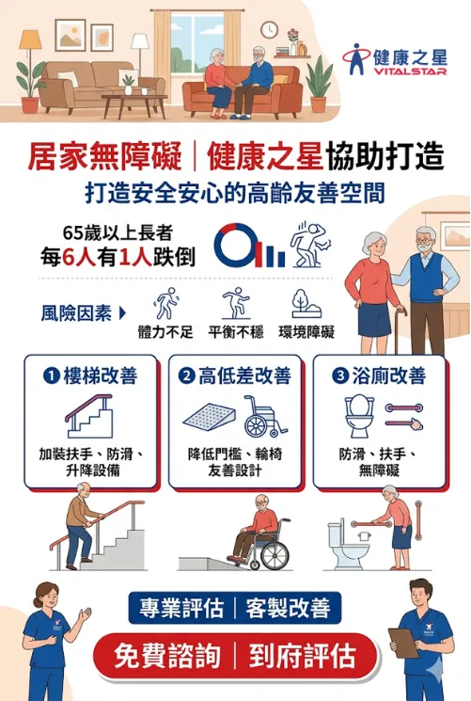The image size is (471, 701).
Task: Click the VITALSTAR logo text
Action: (x=410, y=72)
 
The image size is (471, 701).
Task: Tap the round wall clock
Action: (x=269, y=30)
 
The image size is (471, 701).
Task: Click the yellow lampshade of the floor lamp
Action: (x=30, y=40)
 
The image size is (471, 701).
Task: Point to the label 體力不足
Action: (x=165, y=332)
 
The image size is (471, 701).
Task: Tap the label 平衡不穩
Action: (x=236, y=332)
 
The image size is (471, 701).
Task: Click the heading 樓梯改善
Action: (x=100, y=375)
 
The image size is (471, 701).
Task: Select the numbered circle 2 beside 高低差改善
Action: (x=186, y=375)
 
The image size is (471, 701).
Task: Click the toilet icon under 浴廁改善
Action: (x=359, y=416)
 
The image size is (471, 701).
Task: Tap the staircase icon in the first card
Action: (x=88, y=416)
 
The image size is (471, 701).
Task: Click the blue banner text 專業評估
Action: (x=181, y=608)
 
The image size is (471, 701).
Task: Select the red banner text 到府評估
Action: (x=303, y=656)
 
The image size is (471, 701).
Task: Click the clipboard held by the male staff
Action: (x=403, y=643)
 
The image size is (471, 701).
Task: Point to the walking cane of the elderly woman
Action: (x=398, y=330)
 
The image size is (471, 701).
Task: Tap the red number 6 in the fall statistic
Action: (x=69, y=258)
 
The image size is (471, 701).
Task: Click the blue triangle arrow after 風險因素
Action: (x=122, y=313)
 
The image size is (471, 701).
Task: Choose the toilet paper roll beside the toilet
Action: (x=364, y=534)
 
